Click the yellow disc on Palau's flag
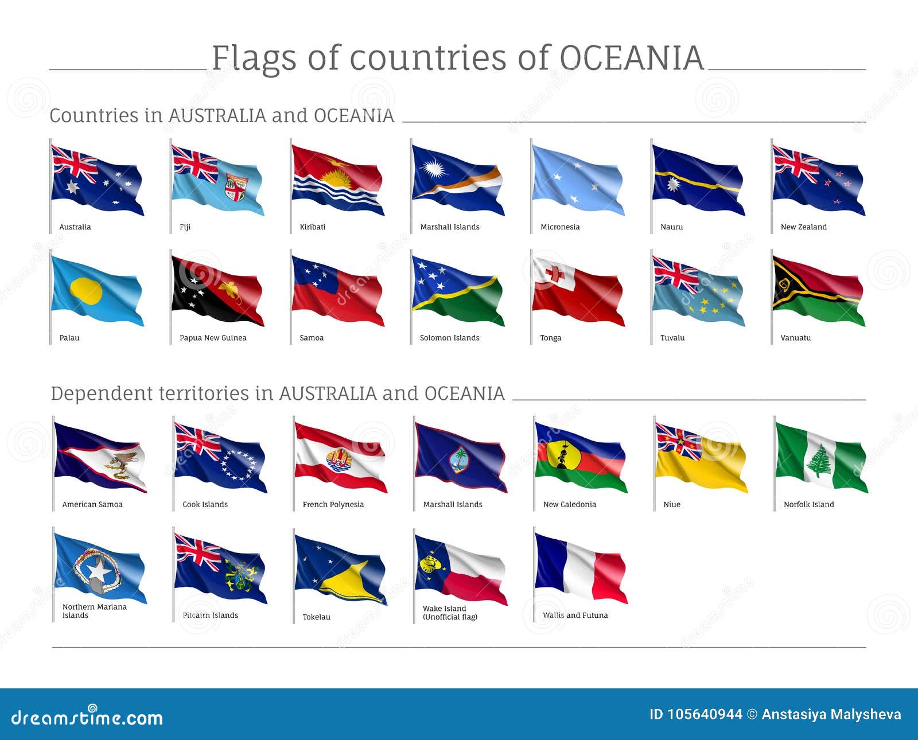85,290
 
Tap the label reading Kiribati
312,227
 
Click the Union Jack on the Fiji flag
195,163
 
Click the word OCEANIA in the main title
631,58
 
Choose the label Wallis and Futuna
575,615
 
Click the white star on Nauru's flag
672,184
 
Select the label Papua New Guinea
213,338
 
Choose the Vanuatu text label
795,338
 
